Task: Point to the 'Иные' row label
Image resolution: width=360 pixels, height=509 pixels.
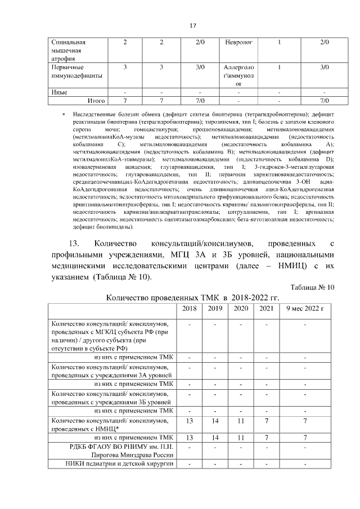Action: [x=59, y=92]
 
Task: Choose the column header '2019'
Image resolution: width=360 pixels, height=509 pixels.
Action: [x=215, y=308]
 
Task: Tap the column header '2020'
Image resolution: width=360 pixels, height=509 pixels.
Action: [x=241, y=308]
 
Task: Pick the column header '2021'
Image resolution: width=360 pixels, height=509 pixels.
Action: [x=265, y=308]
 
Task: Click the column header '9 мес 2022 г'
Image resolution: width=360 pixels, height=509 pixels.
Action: [x=305, y=308]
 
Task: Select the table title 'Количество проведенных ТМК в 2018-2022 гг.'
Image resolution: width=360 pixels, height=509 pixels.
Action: [x=192, y=297]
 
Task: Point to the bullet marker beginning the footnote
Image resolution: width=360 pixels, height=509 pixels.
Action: [x=64, y=115]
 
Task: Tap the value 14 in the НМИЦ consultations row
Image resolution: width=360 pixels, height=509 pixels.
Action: [x=215, y=421]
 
